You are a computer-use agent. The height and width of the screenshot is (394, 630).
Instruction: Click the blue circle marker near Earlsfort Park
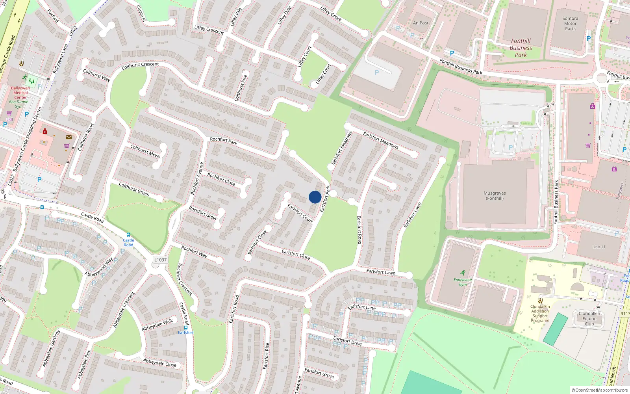click(315, 197)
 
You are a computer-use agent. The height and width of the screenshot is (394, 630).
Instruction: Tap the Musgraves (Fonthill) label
click(495, 196)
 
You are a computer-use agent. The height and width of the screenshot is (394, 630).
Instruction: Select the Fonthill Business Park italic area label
click(521, 48)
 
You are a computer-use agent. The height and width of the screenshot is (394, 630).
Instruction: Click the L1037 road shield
click(160, 260)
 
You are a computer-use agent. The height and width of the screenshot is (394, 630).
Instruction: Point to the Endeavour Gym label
click(463, 282)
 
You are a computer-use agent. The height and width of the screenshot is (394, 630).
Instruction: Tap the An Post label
click(421, 23)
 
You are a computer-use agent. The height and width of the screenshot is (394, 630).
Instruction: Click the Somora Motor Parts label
click(570, 24)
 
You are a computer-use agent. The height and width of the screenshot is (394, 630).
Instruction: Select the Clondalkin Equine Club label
click(589, 319)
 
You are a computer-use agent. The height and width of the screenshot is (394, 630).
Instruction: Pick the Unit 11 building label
click(598, 247)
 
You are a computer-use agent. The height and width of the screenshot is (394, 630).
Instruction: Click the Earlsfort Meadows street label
click(380, 140)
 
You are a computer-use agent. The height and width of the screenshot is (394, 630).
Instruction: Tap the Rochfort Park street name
click(223, 141)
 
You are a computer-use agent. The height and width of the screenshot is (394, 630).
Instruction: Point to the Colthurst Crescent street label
click(140, 65)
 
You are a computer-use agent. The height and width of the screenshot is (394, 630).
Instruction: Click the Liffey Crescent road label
click(209, 30)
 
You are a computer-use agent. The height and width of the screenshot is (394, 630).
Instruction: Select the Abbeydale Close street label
click(159, 362)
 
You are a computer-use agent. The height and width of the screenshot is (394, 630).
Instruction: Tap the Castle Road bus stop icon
click(128, 235)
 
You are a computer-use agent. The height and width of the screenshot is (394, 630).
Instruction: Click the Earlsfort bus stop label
click(185, 333)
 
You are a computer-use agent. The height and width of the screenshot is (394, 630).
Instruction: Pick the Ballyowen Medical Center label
click(20, 93)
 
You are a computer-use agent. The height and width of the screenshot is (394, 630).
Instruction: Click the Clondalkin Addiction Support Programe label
click(540, 314)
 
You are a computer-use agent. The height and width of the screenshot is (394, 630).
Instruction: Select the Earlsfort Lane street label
click(362, 307)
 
